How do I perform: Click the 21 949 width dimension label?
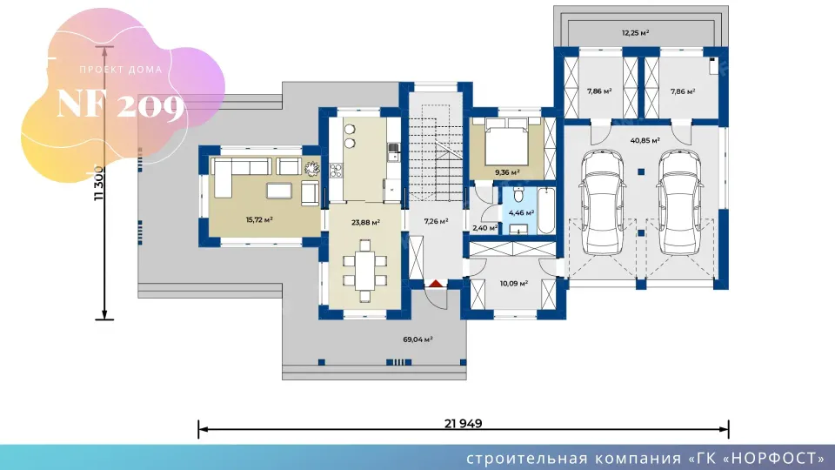pyautogui.click(x=463, y=424)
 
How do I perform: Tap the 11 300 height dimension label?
pyautogui.click(x=99, y=184)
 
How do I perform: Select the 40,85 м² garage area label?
pyautogui.click(x=645, y=141)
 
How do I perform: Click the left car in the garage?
pyautogui.click(x=603, y=202)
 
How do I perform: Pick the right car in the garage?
pyautogui.click(x=680, y=202)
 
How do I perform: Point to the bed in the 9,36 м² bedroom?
pyautogui.click(x=506, y=142)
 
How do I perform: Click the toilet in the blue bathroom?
pyautogui.click(x=518, y=194)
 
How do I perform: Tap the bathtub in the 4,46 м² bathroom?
pyautogui.click(x=546, y=211)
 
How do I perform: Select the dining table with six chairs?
pyautogui.click(x=364, y=271)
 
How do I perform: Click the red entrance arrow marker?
pyautogui.click(x=436, y=284)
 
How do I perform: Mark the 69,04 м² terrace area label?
pyautogui.click(x=417, y=339)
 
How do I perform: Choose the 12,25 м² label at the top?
pyautogui.click(x=635, y=33)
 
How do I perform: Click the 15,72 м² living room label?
pyautogui.click(x=259, y=219)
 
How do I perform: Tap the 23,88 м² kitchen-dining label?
pyautogui.click(x=365, y=222)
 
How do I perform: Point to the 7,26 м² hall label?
pyautogui.click(x=436, y=221)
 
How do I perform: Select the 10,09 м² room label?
pyautogui.click(x=514, y=284)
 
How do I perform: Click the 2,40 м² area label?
pyautogui.click(x=485, y=228)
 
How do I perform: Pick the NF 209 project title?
pyautogui.click(x=120, y=104)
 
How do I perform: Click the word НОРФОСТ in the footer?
pyautogui.click(x=775, y=459)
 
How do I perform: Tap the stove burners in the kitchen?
pyautogui.click(x=336, y=171)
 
